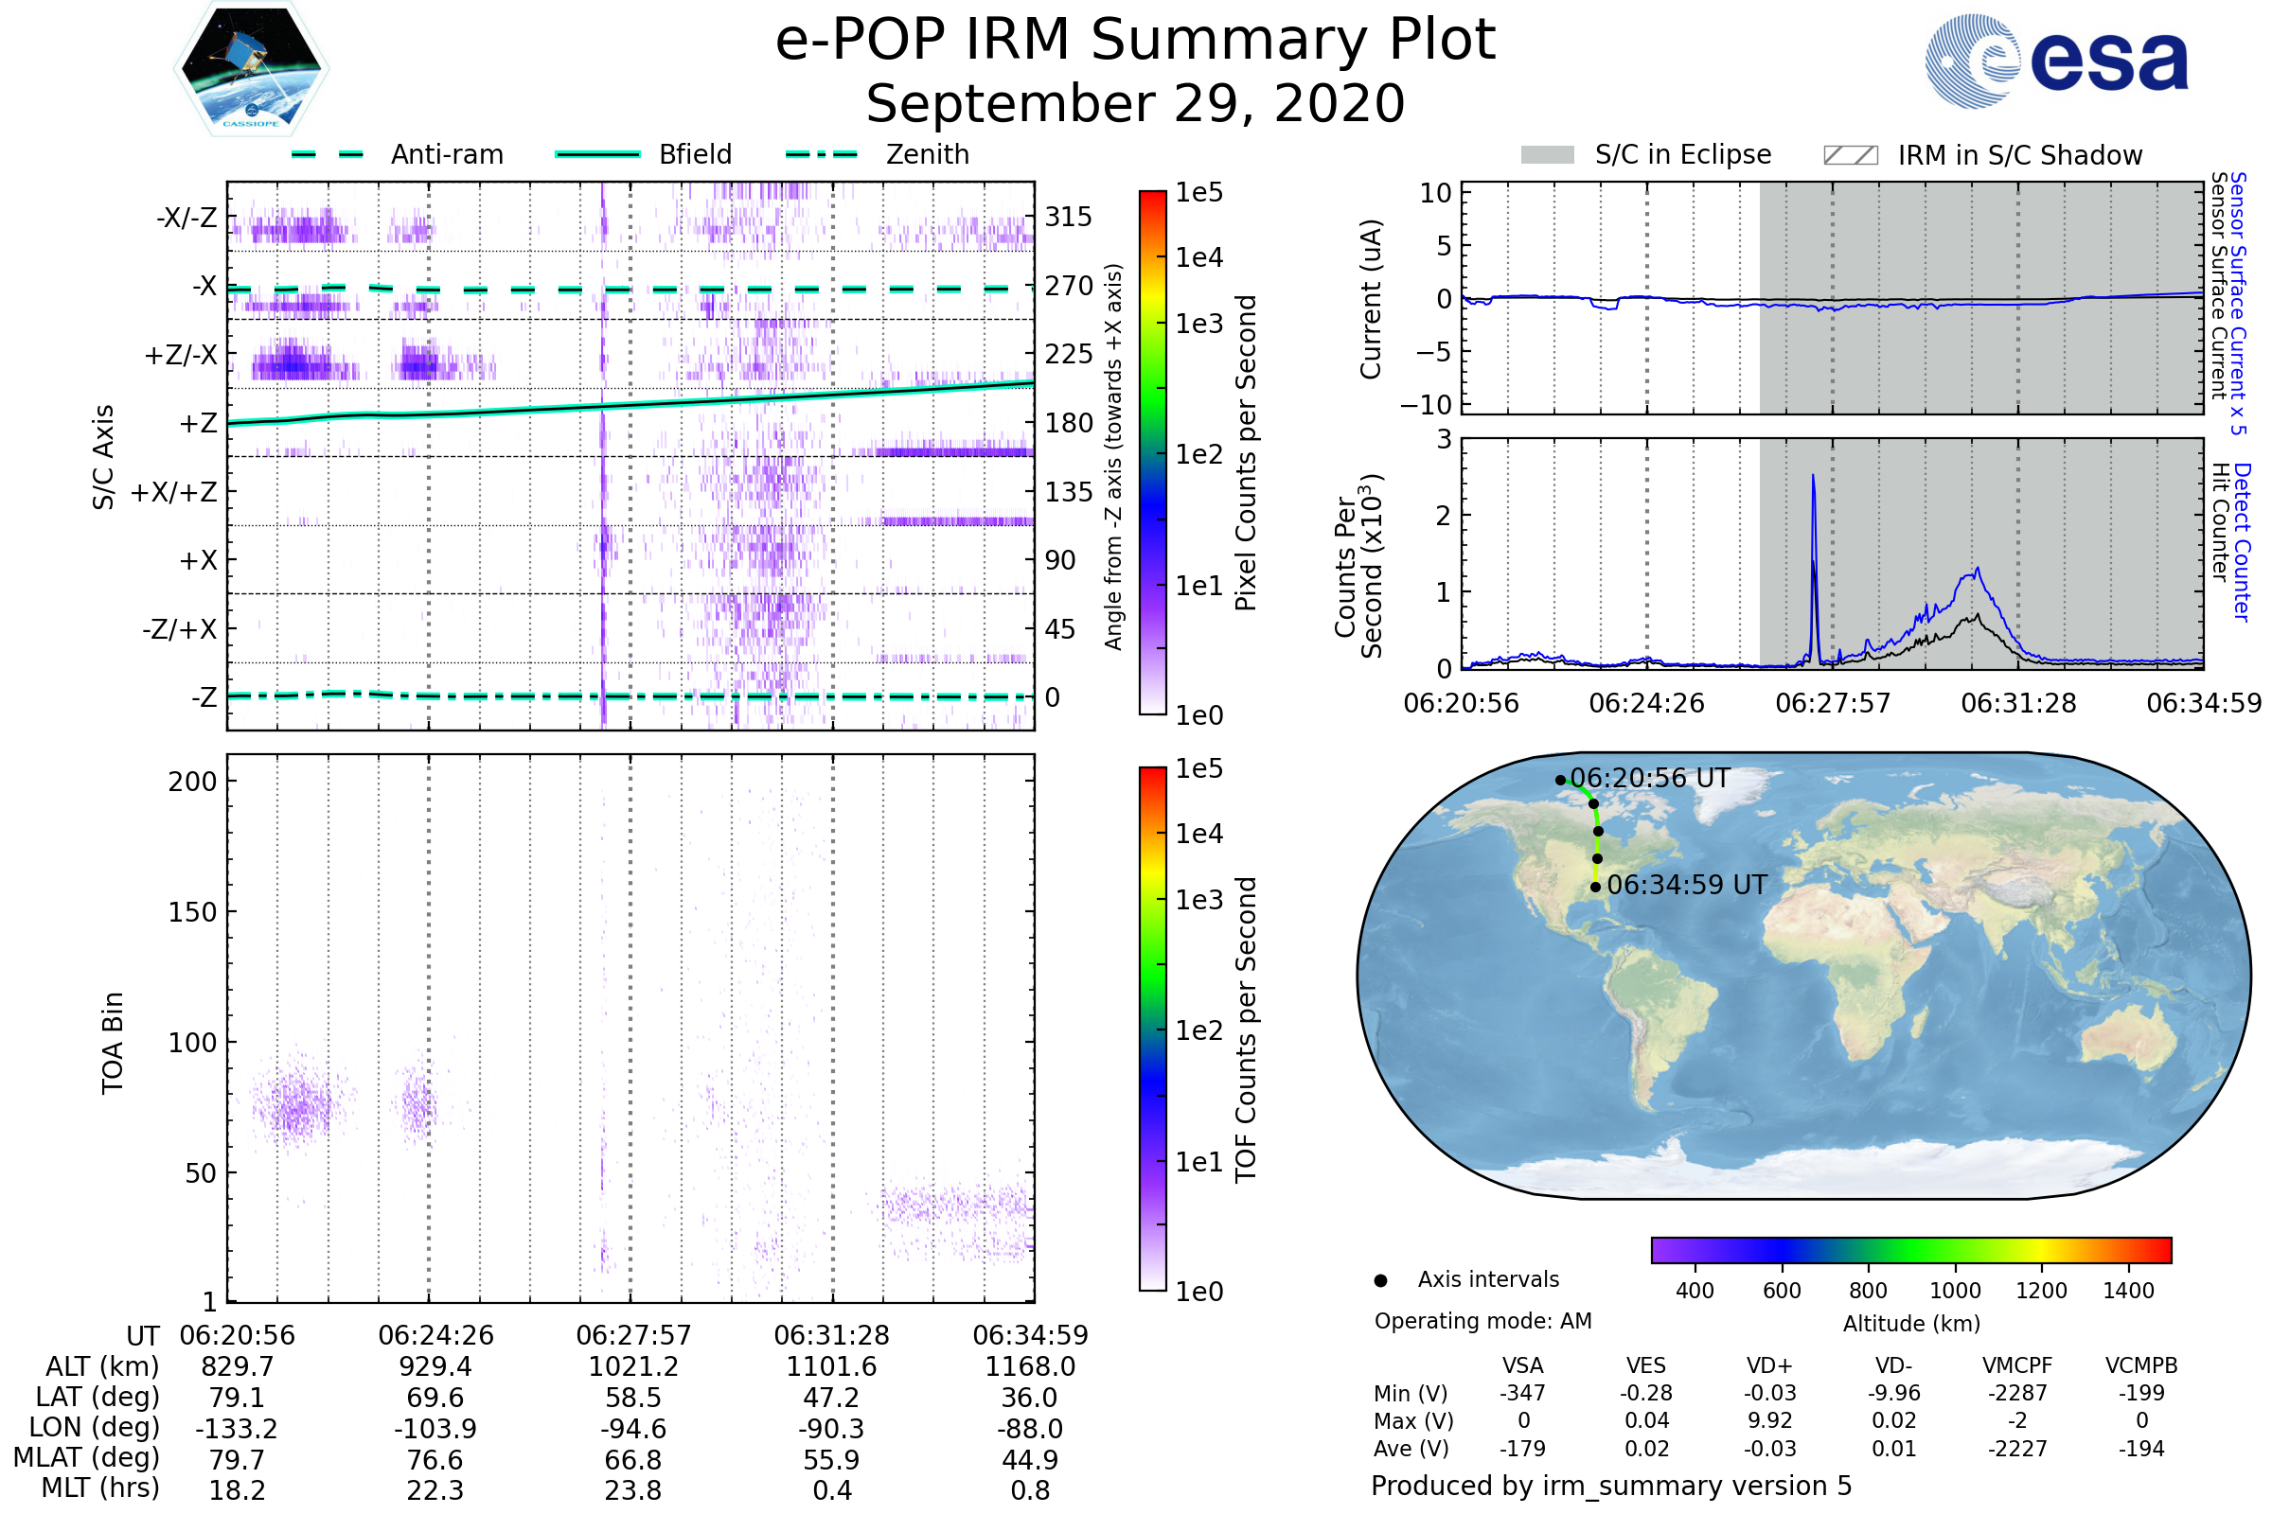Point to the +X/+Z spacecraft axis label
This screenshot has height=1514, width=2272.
[x=174, y=492]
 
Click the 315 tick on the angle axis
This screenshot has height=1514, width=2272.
[x=1069, y=217]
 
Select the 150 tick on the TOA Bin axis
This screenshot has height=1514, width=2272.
[x=192, y=912]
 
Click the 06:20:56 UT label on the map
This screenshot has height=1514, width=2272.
[x=1650, y=778]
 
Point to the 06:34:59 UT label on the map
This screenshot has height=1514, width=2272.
[x=1687, y=886]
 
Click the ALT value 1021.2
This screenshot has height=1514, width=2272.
[x=633, y=1367]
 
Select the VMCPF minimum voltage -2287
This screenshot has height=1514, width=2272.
[x=2017, y=1393]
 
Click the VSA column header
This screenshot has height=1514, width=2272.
[x=1523, y=1366]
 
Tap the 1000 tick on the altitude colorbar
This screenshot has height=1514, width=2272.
[x=1955, y=1291]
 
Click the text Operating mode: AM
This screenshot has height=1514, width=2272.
[x=1482, y=1321]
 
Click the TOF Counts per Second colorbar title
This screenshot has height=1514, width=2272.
[x=1246, y=1030]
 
